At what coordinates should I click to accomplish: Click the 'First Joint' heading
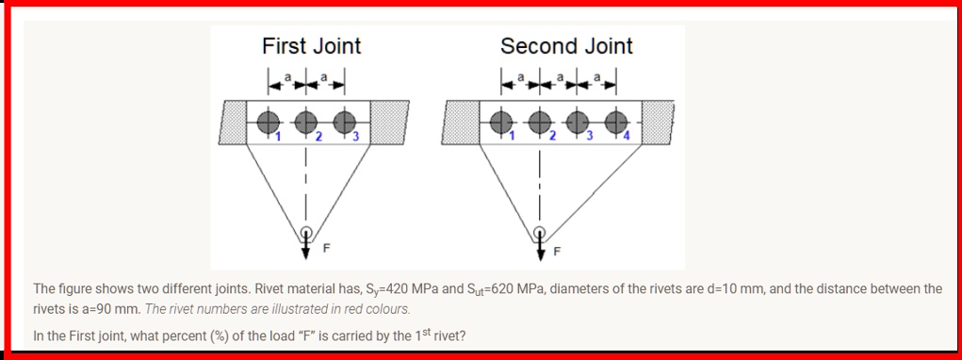coord(311,46)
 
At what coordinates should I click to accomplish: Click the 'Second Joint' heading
coord(566,46)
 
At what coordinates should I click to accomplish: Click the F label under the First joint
coord(327,250)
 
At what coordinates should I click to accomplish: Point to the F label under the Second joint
coord(557,251)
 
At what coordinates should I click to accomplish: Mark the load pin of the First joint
coord(305,232)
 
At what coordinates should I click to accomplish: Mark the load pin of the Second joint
coord(539,232)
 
